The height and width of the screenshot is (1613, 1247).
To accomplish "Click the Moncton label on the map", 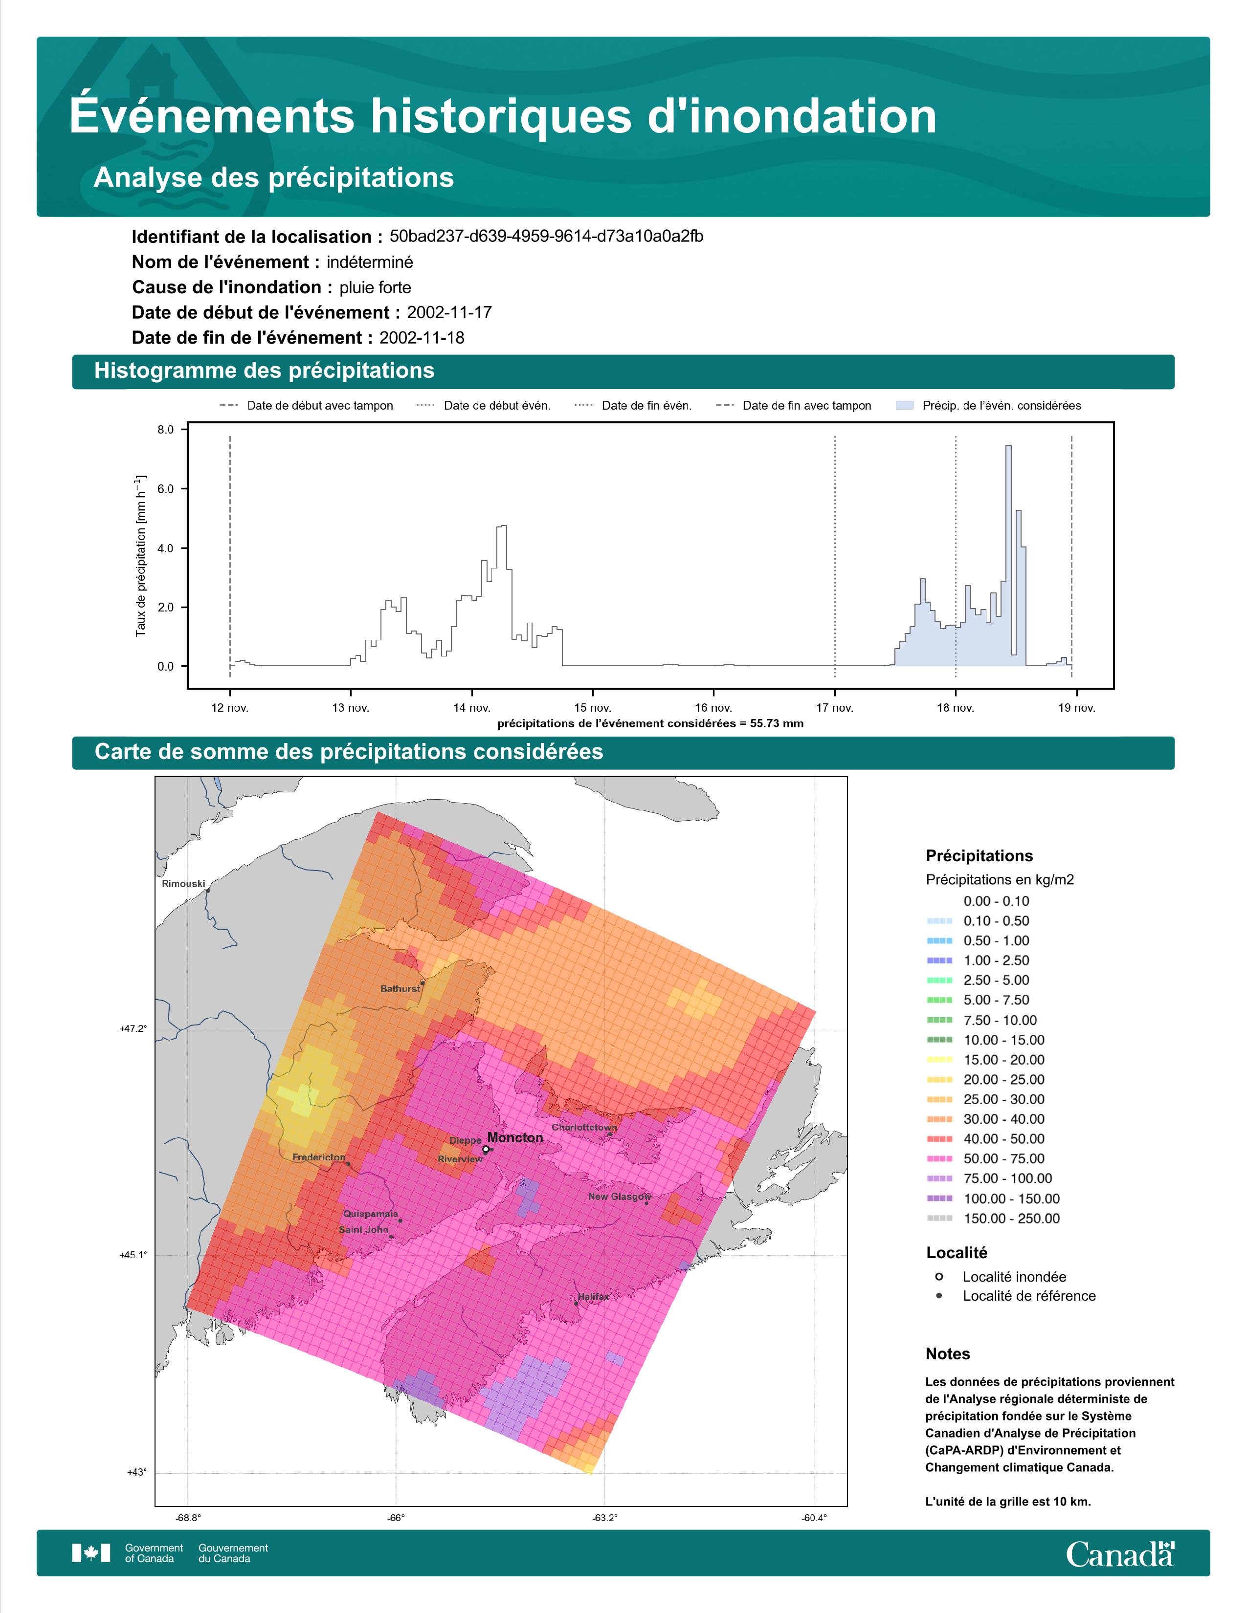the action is pyautogui.click(x=515, y=1137).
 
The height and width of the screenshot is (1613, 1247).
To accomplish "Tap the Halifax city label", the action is pyautogui.click(x=594, y=1296).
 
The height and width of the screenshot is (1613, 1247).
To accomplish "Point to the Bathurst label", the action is pyautogui.click(x=400, y=988).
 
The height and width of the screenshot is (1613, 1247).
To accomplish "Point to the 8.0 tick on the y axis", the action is pyautogui.click(x=165, y=430).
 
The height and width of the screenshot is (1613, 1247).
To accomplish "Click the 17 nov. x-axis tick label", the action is pyautogui.click(x=835, y=708).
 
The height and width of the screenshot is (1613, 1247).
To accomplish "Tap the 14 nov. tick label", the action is pyautogui.click(x=471, y=708).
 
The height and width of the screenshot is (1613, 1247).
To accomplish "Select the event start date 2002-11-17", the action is pyautogui.click(x=449, y=312).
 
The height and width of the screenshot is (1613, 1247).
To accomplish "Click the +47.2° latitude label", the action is pyautogui.click(x=133, y=1028).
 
